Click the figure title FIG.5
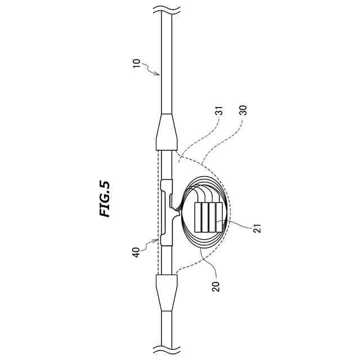pos(105,199)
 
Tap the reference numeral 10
pos(137,63)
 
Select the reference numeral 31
pos(219,111)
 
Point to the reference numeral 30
pos(243,110)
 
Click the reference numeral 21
pos(258,228)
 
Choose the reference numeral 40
pos(136,253)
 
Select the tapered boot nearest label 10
pos(166,132)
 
